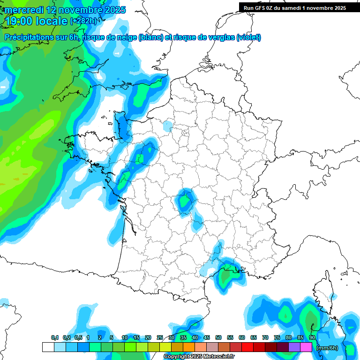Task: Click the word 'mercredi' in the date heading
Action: pos(22,10)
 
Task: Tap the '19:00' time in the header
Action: pos(18,22)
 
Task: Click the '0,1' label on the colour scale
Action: pos(55,338)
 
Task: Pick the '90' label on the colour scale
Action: pos(312,338)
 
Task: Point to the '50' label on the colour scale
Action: pos(218,338)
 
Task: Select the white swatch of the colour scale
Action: pos(48,347)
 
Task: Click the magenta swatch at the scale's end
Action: pos(306,347)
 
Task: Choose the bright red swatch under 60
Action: pos(247,347)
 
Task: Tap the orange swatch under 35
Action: pos(188,347)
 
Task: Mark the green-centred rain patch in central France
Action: pos(185,201)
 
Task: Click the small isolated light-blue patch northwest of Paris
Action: pos(167,126)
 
